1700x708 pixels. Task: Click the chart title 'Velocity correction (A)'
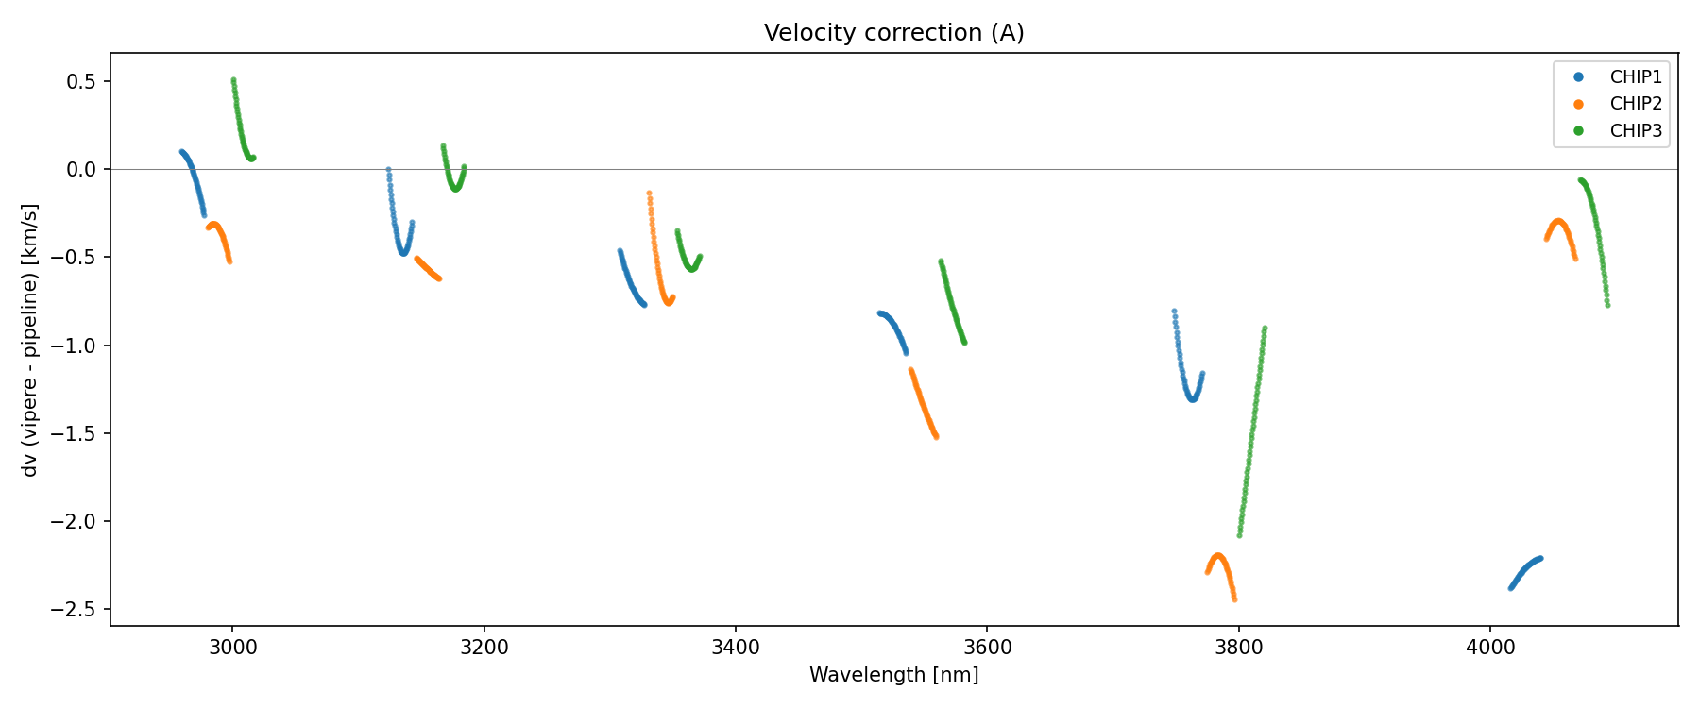(893, 33)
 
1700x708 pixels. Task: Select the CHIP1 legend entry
(1635, 77)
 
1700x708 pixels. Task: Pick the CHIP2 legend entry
(1635, 104)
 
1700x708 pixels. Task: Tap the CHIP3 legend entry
(1635, 131)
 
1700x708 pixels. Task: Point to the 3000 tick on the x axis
(232, 647)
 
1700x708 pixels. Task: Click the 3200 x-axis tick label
(484, 647)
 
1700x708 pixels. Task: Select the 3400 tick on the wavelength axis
(735, 647)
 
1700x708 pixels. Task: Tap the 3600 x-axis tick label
(987, 647)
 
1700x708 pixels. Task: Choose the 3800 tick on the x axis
(1238, 647)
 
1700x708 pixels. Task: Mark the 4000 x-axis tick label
(1489, 647)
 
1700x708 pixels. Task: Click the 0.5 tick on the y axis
(82, 82)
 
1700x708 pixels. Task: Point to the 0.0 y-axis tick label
(82, 170)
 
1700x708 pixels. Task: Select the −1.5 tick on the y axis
(77, 434)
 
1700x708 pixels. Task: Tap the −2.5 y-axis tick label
(77, 610)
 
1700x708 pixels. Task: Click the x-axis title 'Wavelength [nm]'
(893, 675)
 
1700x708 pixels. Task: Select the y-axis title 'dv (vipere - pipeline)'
(30, 340)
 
